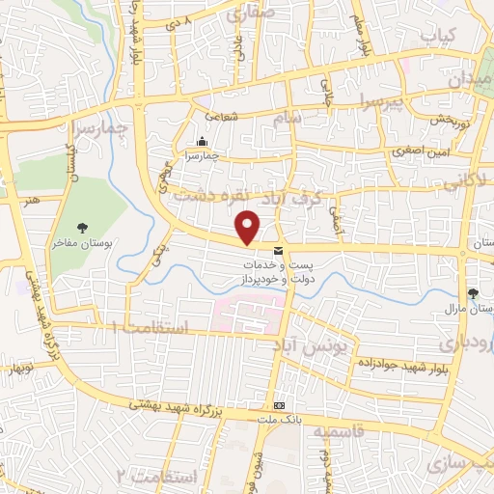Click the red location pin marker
[249, 227]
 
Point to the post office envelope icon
[279, 251]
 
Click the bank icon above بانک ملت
[279, 405]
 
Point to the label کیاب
[435, 35]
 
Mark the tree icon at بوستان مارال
[473, 293]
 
